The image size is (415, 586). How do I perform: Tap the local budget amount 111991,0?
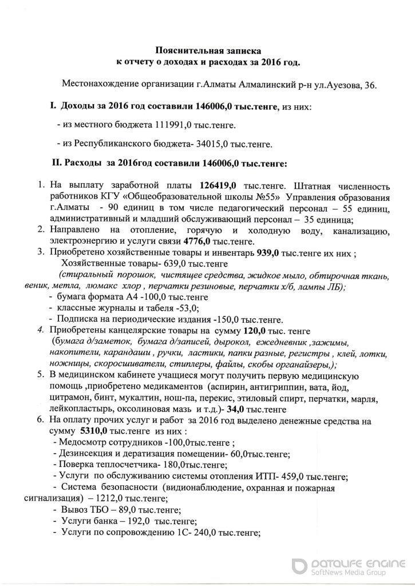click(172, 124)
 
